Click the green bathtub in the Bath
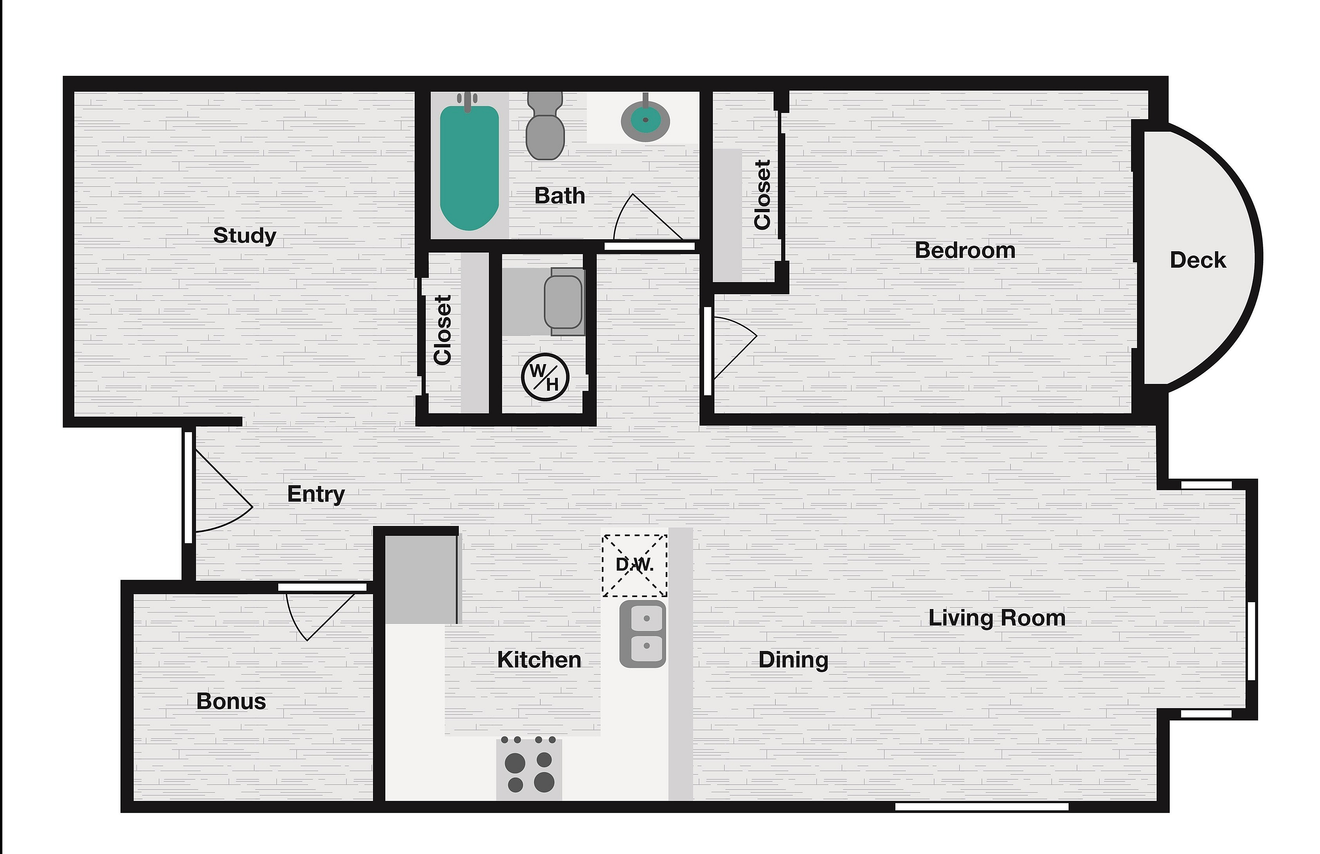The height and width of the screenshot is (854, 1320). [x=469, y=167]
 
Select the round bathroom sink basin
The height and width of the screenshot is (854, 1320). [x=645, y=121]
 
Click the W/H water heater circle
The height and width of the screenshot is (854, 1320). [x=545, y=377]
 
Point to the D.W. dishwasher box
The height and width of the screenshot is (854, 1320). [x=635, y=565]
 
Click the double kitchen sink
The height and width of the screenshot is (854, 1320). [x=643, y=634]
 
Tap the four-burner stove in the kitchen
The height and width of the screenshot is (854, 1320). [x=529, y=769]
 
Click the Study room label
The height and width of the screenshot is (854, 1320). [x=244, y=236]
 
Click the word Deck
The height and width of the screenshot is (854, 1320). [x=1198, y=260]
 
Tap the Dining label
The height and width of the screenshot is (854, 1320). [x=793, y=660]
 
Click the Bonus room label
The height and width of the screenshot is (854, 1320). [x=231, y=702]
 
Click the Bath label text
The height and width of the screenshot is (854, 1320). [x=560, y=196]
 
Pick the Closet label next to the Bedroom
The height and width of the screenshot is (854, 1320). [x=762, y=195]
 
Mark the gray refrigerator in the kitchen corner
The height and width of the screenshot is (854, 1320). [x=421, y=580]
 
